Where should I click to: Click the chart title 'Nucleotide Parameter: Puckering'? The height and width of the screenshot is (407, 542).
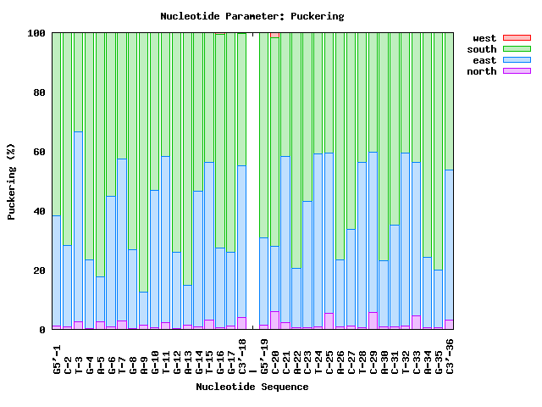click(252, 16)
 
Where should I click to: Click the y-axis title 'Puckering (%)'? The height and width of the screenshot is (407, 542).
click(12, 181)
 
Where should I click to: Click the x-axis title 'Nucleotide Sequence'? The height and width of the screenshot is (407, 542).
click(252, 387)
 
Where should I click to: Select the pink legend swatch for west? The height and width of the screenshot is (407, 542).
click(517, 38)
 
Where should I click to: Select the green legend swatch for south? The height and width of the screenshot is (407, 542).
click(517, 49)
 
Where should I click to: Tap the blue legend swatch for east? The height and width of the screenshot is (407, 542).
click(517, 60)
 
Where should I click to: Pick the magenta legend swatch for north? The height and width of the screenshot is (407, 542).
click(517, 71)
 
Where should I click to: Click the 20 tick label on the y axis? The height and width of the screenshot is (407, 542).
click(39, 271)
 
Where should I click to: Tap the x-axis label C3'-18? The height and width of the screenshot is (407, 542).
click(242, 357)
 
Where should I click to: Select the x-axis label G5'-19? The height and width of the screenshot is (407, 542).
click(264, 357)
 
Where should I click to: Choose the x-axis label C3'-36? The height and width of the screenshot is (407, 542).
click(450, 357)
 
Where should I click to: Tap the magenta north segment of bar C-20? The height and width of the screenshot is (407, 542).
click(274, 321)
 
